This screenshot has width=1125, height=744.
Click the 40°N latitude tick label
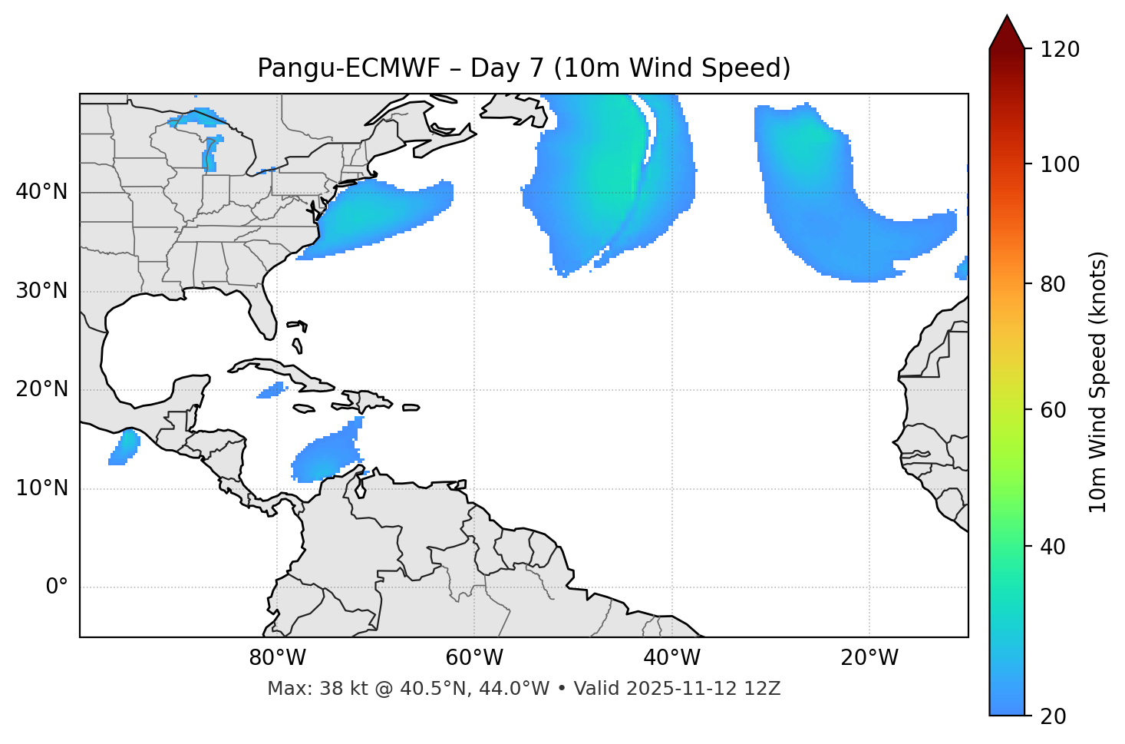point(41,192)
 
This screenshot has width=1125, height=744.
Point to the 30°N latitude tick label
point(41,291)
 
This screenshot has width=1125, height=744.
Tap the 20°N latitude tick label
point(41,389)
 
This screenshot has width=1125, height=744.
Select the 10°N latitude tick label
point(41,488)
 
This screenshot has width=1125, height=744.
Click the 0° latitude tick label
point(57,587)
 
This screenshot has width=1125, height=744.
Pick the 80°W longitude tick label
point(277,658)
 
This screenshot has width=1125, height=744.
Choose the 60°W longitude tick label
point(474,658)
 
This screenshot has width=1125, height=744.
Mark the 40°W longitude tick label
point(671,658)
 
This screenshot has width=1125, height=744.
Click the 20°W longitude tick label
point(869,658)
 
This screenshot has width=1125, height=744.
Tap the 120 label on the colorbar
point(1059,50)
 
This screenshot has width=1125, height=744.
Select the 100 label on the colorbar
point(1059,164)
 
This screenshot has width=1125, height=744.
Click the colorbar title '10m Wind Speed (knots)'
point(1098,382)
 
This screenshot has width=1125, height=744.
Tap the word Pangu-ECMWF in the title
point(348,69)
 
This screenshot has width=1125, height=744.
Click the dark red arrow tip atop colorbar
point(1007,31)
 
